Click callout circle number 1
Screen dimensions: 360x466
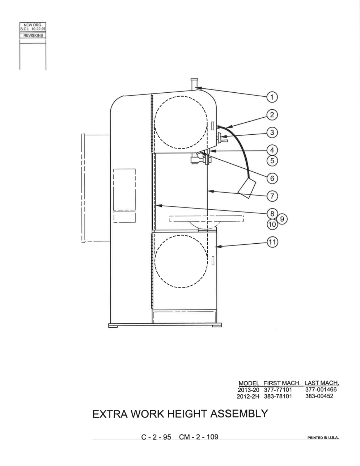coord(272,97)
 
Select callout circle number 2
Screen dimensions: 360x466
coord(272,115)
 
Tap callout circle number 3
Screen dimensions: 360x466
coord(272,133)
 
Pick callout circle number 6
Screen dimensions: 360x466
coord(272,178)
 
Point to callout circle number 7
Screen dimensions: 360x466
coord(272,196)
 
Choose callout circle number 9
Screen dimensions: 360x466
coord(282,219)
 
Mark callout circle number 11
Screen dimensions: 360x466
coord(272,242)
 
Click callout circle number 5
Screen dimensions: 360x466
coord(272,161)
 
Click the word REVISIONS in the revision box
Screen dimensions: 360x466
coord(33,35)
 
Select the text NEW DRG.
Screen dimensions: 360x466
coord(33,25)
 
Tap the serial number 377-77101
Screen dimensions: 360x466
coord(278,390)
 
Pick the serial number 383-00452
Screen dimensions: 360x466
coord(319,396)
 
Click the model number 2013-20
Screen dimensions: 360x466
coord(248,390)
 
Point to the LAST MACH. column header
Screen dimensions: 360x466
coord(322,383)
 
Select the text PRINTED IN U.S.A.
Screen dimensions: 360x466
coord(323,438)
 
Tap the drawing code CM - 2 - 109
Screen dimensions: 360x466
coord(199,437)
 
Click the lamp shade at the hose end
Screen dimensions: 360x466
coord(247,188)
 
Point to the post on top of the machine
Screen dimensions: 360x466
coord(194,84)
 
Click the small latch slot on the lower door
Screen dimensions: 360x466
coord(213,261)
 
